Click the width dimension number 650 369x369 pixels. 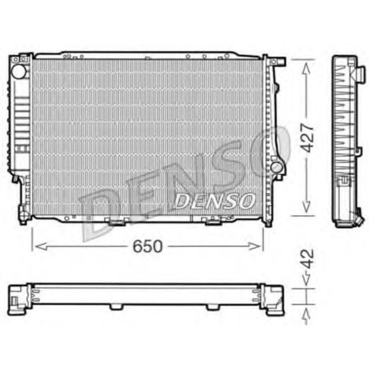point(148,246)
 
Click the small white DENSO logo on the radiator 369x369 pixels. point(215,200)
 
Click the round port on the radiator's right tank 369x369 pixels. point(276,167)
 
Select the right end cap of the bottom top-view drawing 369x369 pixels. point(273,299)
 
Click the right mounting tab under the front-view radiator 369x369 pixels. point(213,221)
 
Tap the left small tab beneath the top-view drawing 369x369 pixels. point(116,307)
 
